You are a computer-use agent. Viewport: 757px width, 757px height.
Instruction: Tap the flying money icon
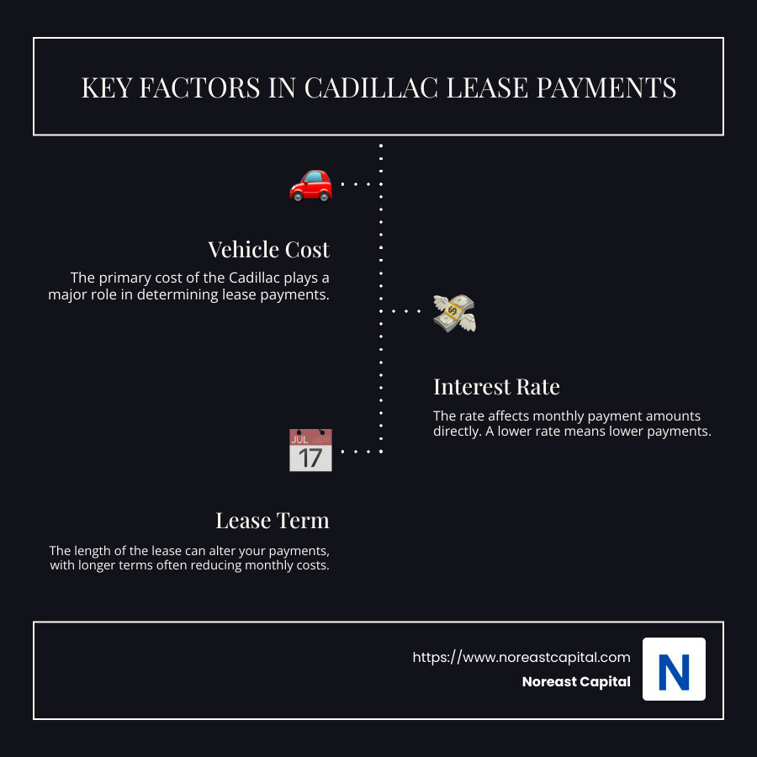pyautogui.click(x=454, y=312)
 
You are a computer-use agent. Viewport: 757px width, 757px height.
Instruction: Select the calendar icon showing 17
pyautogui.click(x=310, y=450)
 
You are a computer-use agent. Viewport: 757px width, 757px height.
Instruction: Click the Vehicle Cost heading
pyautogui.click(x=269, y=250)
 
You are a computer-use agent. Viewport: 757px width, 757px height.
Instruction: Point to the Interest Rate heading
pyautogui.click(x=496, y=387)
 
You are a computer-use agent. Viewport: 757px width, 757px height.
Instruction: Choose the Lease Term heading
pyautogui.click(x=273, y=521)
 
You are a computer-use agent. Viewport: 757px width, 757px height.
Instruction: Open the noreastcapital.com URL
pyautogui.click(x=521, y=657)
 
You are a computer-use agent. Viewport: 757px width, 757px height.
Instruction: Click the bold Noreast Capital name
pyautogui.click(x=576, y=682)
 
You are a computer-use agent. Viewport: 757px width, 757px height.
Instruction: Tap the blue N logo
pyautogui.click(x=674, y=670)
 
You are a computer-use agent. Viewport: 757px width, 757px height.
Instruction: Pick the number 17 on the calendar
pyautogui.click(x=310, y=458)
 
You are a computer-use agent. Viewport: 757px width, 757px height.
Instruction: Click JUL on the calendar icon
pyautogui.click(x=299, y=438)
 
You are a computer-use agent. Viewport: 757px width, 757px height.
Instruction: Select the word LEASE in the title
pyautogui.click(x=487, y=87)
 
